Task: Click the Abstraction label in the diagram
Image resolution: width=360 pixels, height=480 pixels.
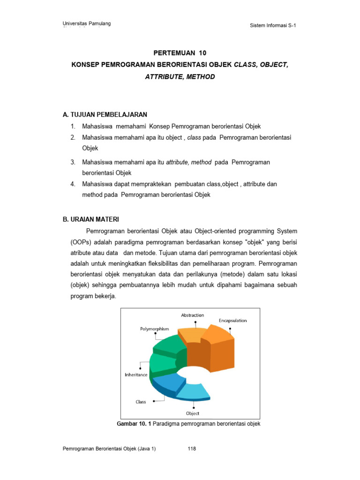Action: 193,315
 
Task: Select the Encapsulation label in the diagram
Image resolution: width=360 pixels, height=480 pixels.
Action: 232,321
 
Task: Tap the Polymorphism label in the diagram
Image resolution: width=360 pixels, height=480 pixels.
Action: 154,329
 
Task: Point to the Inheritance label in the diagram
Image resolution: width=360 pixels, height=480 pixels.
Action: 136,375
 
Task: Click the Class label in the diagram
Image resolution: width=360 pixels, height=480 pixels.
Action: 141,402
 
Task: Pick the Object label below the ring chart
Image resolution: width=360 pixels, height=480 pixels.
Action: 192,413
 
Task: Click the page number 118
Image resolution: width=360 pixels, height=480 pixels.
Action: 191,449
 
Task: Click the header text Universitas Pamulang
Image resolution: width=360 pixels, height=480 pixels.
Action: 87,24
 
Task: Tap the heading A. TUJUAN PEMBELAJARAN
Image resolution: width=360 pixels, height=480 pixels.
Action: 105,114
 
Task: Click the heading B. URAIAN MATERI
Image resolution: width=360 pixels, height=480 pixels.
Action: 91,219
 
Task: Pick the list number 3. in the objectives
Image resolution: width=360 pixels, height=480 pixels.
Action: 73,162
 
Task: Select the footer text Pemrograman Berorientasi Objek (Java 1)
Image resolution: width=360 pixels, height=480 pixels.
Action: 109,449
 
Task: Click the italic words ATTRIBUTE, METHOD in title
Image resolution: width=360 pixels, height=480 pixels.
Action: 180,76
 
